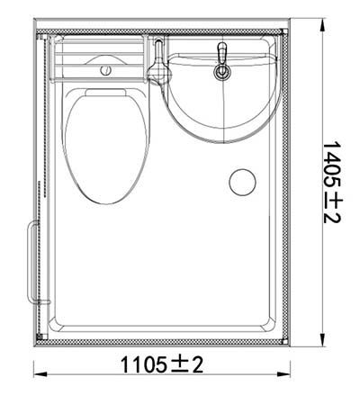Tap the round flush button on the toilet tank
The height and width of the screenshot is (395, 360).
tap(106, 68)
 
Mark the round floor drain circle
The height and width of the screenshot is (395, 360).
tap(242, 182)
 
